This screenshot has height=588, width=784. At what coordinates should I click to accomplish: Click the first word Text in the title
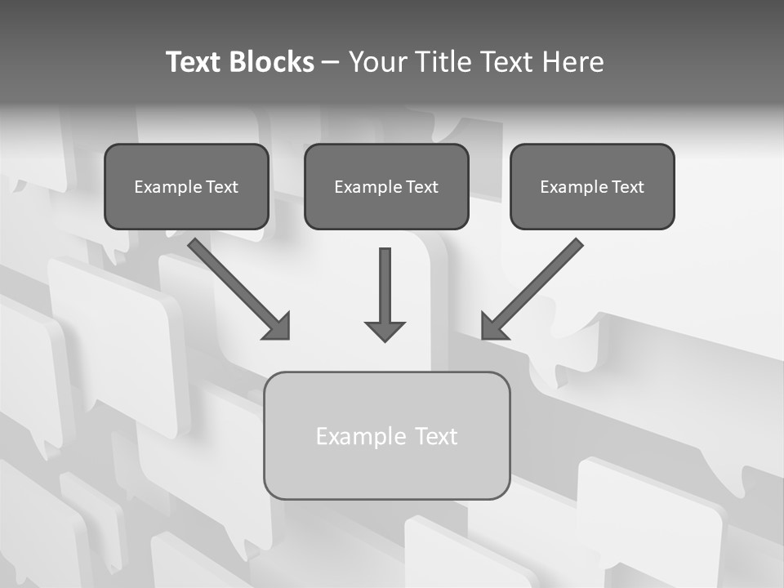194,62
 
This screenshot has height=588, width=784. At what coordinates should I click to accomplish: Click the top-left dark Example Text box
186,186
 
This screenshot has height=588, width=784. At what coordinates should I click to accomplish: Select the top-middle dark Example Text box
386,186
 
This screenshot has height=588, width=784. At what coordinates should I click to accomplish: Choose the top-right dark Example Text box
592,186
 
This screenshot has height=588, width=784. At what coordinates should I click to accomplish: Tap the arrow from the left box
237,287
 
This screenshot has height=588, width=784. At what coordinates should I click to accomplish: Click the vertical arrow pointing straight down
385,290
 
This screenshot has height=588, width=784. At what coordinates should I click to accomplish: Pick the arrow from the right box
535,286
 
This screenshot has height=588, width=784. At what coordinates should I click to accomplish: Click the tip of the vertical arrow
385,338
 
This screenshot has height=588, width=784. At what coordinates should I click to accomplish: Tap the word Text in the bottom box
436,436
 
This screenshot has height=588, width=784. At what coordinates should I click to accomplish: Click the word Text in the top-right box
628,187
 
